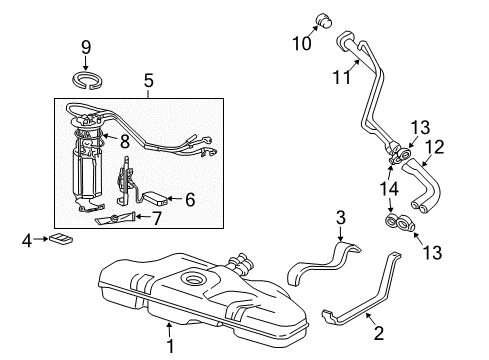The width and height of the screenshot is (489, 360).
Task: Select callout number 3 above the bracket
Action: point(340,218)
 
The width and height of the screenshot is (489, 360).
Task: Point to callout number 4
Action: point(27,239)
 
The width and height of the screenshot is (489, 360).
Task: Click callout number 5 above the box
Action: point(148,79)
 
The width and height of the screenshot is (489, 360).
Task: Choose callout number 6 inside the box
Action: point(189,199)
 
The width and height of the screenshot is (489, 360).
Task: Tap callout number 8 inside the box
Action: point(124,141)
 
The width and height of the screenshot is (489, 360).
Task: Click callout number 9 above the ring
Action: point(85,46)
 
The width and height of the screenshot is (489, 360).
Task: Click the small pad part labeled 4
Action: point(62,239)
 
